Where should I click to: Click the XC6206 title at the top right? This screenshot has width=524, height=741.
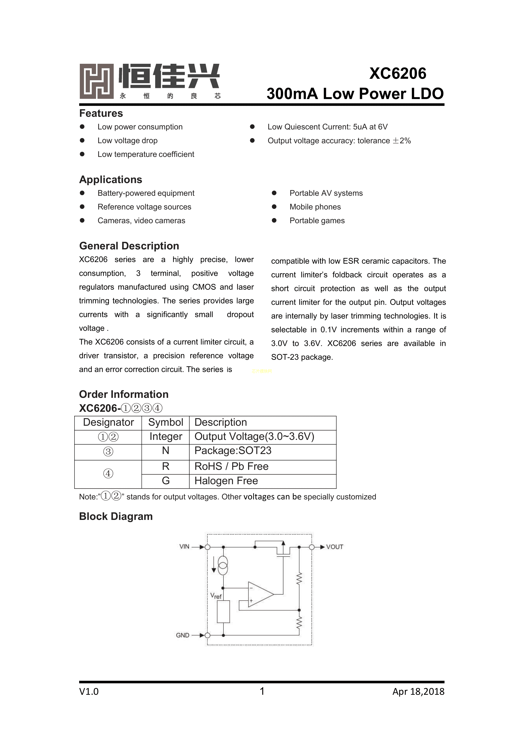[398, 73]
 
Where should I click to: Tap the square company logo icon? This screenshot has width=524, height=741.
[96, 81]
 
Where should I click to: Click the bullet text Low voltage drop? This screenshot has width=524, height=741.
[128, 141]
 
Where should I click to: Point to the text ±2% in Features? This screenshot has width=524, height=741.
[402, 141]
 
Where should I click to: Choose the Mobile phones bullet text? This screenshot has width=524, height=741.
[315, 207]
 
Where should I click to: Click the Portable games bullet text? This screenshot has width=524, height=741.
[317, 221]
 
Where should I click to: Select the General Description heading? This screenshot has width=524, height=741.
[129, 246]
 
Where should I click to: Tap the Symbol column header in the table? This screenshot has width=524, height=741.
[166, 423]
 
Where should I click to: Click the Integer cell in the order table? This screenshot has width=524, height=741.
[166, 437]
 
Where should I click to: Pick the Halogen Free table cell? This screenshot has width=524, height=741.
[226, 481]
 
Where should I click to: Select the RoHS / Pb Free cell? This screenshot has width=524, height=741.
[231, 466]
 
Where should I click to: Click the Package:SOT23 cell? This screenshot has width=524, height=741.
[233, 451]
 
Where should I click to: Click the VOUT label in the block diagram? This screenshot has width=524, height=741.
[335, 547]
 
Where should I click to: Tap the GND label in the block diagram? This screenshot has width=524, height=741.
[183, 635]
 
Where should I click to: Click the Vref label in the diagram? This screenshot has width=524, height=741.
[216, 596]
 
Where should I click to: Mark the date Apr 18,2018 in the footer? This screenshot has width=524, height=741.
[418, 692]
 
